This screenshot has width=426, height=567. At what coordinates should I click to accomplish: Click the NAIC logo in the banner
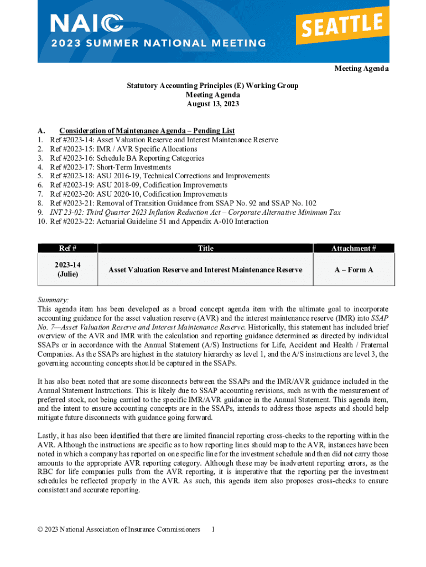[x=87, y=23]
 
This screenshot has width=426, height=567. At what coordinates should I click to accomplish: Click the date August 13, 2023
[x=212, y=104]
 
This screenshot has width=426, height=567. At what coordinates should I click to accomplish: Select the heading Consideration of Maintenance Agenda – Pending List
[x=147, y=131]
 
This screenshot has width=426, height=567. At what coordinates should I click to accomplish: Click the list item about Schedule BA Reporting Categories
[x=127, y=158]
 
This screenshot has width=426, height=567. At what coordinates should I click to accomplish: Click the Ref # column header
[x=67, y=249]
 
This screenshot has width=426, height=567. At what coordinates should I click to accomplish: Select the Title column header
[x=205, y=249]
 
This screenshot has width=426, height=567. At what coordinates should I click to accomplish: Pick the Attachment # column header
[x=354, y=249]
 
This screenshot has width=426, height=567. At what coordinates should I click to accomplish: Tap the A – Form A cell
[x=354, y=270]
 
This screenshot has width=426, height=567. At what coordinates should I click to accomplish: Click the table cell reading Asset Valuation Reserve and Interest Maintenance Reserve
[x=205, y=270]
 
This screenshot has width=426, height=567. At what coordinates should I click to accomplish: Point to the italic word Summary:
[x=53, y=299]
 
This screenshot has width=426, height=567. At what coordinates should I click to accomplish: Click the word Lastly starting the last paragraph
[x=49, y=435]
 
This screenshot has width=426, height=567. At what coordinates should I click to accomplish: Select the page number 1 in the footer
[x=214, y=529]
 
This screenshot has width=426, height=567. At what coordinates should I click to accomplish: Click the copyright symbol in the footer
[x=40, y=530]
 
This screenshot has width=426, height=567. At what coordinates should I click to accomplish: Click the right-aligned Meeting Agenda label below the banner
[x=361, y=69]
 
